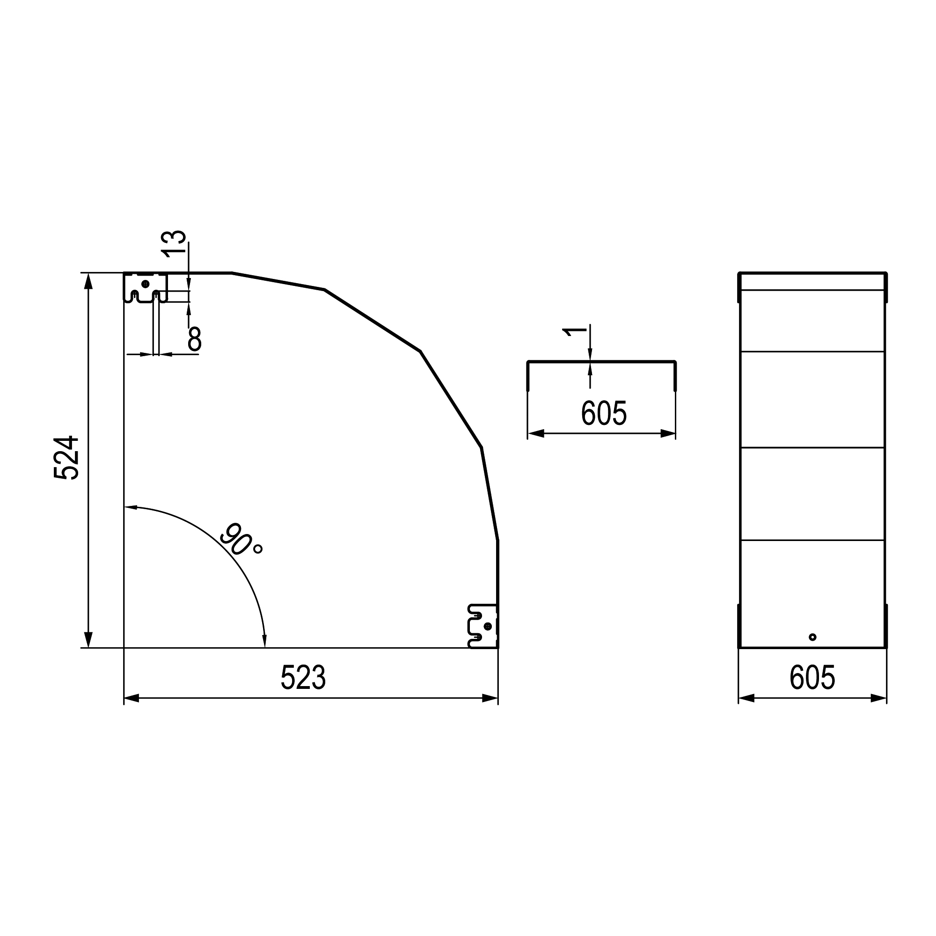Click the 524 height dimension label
pyautogui.click(x=66, y=458)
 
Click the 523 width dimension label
pyautogui.click(x=303, y=677)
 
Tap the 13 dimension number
pyautogui.click(x=174, y=244)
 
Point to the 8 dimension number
pyautogui.click(x=195, y=339)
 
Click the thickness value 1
pyautogui.click(x=575, y=332)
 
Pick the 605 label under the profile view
pyautogui.click(x=604, y=413)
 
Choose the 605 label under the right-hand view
pyautogui.click(x=812, y=677)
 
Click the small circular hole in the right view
pyautogui.click(x=812, y=637)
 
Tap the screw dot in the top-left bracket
pyautogui.click(x=146, y=284)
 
